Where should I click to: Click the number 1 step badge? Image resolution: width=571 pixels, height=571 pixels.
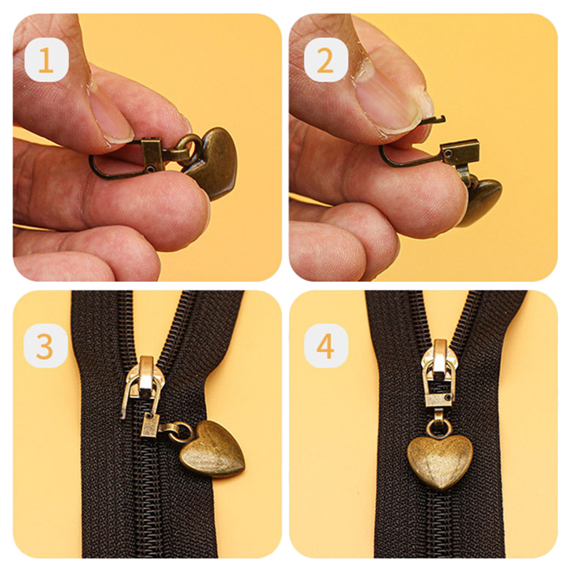tap(46, 60)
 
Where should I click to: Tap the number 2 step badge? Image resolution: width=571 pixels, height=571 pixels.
tap(326, 60)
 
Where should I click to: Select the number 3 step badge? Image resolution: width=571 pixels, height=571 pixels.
tap(46, 345)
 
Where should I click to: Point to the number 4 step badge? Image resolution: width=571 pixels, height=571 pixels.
tap(326, 345)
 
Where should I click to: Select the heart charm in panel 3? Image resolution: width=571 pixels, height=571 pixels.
tap(212, 449)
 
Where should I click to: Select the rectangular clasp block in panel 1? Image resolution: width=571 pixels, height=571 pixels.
tap(151, 155)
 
